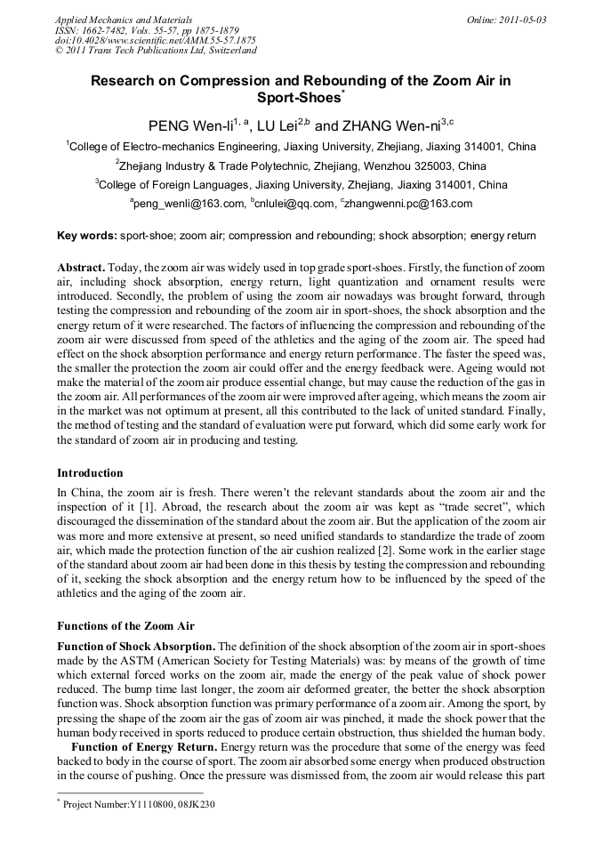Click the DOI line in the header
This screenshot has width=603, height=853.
click(156, 40)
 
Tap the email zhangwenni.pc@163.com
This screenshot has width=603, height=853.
click(408, 205)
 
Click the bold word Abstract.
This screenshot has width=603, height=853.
click(82, 268)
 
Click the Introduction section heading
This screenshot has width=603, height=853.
click(90, 472)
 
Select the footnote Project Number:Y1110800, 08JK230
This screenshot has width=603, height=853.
click(139, 805)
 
